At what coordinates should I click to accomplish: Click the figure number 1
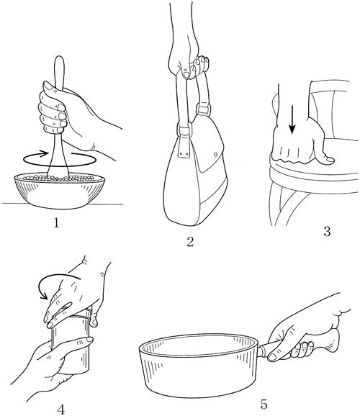pyautogui.click(x=56, y=223)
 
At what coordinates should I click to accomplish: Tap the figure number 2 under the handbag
pyautogui.click(x=190, y=242)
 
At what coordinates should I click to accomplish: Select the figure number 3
pyautogui.click(x=327, y=231)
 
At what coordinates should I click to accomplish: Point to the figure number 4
pyautogui.click(x=61, y=410)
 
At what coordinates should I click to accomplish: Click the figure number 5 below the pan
pyautogui.click(x=264, y=405)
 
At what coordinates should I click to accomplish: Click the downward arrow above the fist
pyautogui.click(x=292, y=119)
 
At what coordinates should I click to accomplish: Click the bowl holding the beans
pyautogui.click(x=60, y=190)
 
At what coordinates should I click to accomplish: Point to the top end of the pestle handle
pyautogui.click(x=59, y=57)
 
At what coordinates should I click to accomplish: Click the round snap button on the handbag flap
pyautogui.click(x=215, y=154)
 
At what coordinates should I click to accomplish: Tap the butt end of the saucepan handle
pyautogui.click(x=335, y=340)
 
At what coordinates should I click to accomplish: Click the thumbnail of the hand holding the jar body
pyautogui.click(x=89, y=339)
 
